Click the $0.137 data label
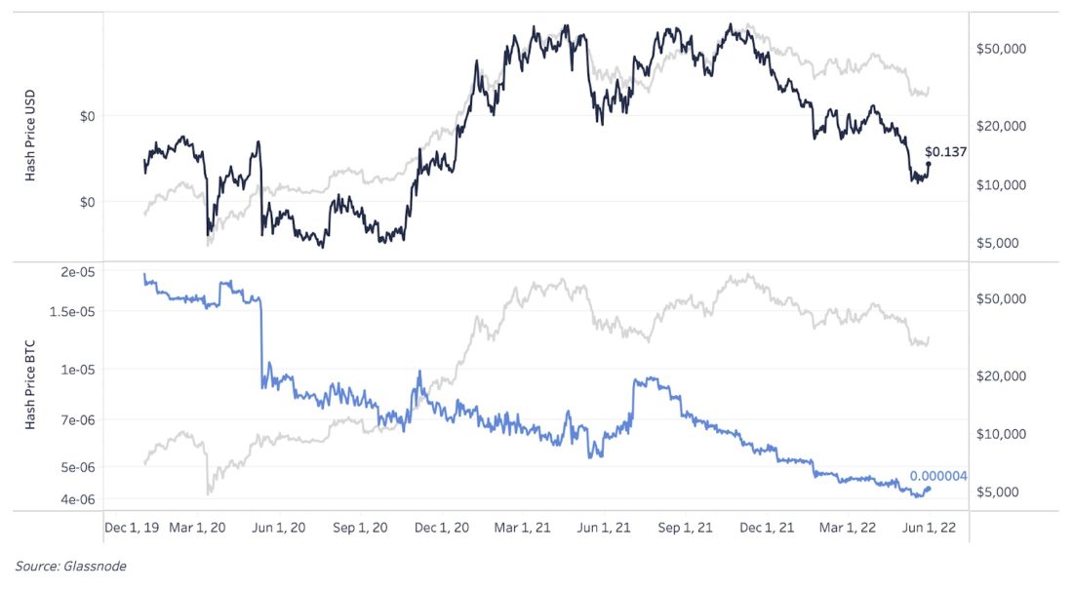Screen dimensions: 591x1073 pyautogui.click(x=945, y=152)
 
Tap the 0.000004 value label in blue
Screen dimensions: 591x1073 pyautogui.click(x=938, y=476)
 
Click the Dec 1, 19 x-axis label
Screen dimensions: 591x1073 pyautogui.click(x=132, y=527)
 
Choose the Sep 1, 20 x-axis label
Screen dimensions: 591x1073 pyautogui.click(x=361, y=527)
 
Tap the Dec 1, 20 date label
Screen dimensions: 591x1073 pyautogui.click(x=442, y=527)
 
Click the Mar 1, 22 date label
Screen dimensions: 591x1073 pyautogui.click(x=847, y=527)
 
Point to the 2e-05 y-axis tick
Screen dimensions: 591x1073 pyautogui.click(x=77, y=272)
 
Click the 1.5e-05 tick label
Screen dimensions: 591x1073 pyautogui.click(x=72, y=311)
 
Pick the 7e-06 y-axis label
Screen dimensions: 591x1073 pyautogui.click(x=77, y=419)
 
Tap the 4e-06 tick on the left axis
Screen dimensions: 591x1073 pyautogui.click(x=77, y=499)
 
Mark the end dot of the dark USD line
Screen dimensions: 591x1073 pyautogui.click(x=929, y=164)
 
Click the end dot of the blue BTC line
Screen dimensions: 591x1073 pyautogui.click(x=928, y=489)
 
